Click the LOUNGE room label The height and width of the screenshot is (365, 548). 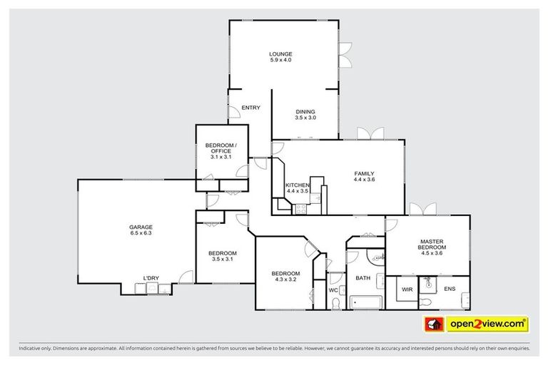pyautogui.click(x=280, y=54)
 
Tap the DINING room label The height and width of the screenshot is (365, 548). pyautogui.click(x=305, y=112)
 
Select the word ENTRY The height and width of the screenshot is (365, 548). pyautogui.click(x=250, y=108)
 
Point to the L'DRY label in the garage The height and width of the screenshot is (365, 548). pyautogui.click(x=151, y=277)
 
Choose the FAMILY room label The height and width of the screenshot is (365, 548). pyautogui.click(x=364, y=173)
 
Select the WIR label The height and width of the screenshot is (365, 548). pyautogui.click(x=407, y=290)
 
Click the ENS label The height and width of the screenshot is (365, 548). pyautogui.click(x=449, y=289)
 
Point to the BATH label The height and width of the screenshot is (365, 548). pyautogui.click(x=363, y=278)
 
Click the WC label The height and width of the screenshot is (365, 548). pyautogui.click(x=333, y=290)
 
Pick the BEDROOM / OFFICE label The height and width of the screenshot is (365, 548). pyautogui.click(x=221, y=148)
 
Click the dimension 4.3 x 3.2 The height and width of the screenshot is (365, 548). pyautogui.click(x=285, y=280)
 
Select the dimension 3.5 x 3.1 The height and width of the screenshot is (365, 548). pyautogui.click(x=222, y=259)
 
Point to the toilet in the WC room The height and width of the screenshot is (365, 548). pyautogui.click(x=336, y=304)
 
